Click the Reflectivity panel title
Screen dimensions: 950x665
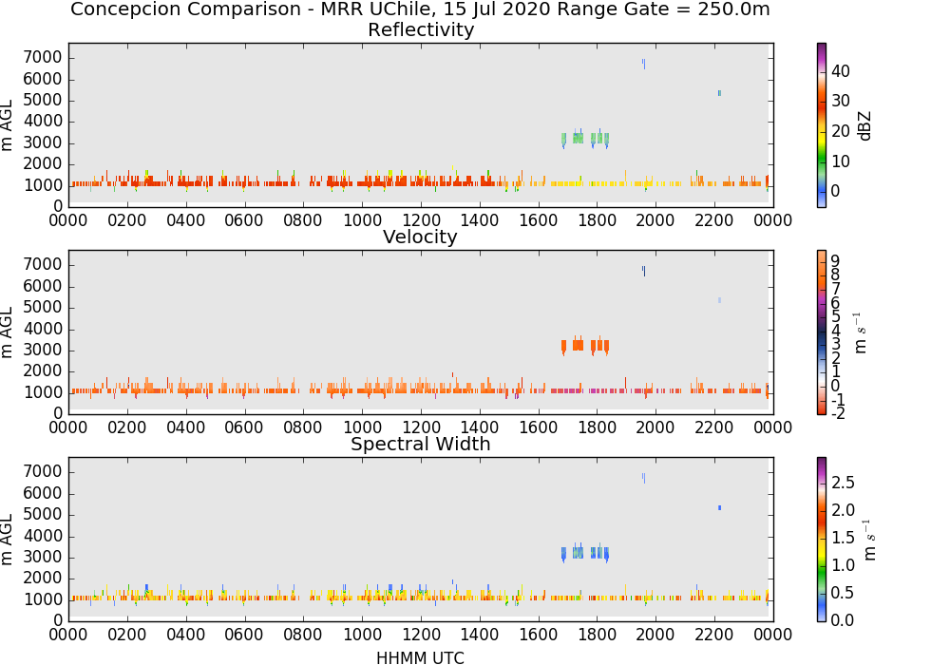[421, 29]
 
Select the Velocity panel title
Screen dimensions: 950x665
[420, 237]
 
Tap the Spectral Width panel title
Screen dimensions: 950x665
[421, 444]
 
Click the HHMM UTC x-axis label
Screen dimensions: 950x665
[420, 657]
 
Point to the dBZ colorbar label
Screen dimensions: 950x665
[864, 126]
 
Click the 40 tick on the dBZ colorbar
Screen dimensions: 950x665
[841, 71]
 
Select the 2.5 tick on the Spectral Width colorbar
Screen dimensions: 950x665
[843, 482]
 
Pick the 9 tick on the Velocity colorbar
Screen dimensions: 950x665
[835, 260]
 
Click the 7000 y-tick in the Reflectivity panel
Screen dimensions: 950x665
[43, 58]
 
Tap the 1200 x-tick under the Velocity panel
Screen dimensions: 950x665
[421, 427]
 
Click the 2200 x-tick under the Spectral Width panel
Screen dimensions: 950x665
[714, 634]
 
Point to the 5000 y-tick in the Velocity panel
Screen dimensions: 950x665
[43, 307]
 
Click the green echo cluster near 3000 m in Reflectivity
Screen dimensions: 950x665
[585, 139]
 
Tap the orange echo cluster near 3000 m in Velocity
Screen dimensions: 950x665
[585, 346]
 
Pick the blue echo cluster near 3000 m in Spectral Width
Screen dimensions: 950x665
[585, 553]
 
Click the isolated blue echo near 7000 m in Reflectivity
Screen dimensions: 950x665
[643, 64]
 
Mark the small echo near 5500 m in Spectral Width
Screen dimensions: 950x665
[719, 507]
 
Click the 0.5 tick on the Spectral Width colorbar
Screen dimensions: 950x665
[843, 592]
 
